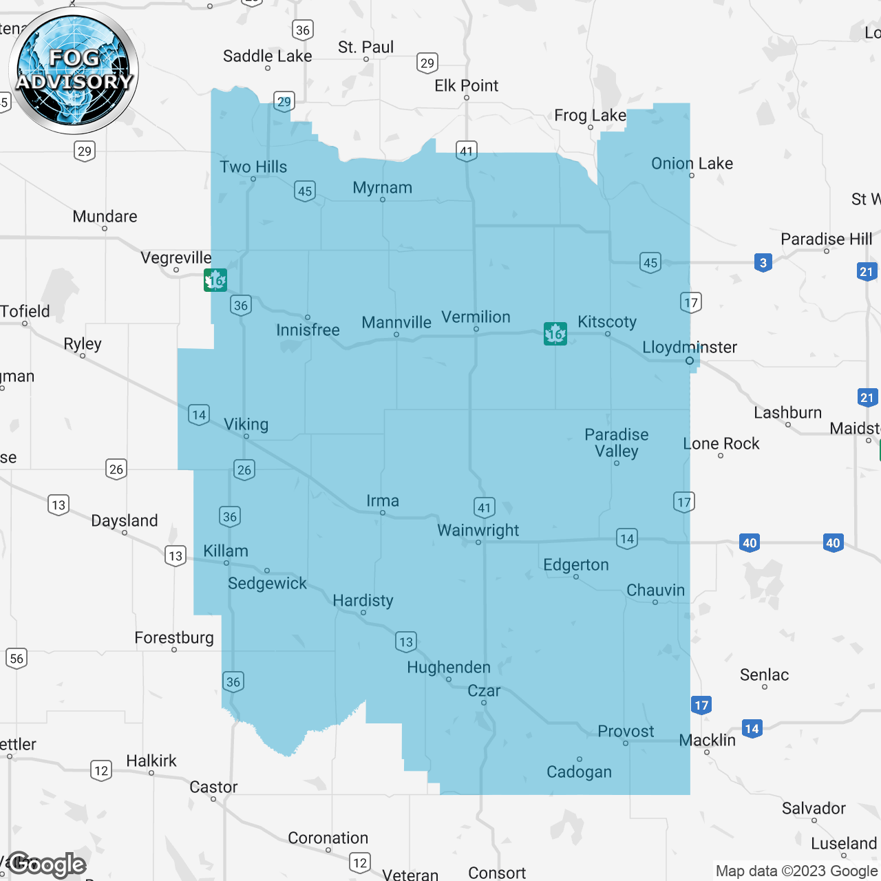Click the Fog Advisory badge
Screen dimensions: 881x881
click(x=74, y=70)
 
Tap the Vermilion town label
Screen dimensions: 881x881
click(x=476, y=317)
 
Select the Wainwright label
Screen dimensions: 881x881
click(x=478, y=531)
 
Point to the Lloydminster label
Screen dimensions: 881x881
click(x=689, y=348)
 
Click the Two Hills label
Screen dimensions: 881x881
click(x=253, y=167)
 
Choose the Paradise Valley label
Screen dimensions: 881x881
click(x=617, y=443)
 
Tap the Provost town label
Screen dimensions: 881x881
click(x=626, y=732)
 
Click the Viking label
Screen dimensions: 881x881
click(x=246, y=425)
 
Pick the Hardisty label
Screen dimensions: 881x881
click(x=363, y=601)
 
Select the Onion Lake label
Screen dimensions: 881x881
click(x=692, y=164)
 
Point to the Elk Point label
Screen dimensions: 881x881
click(x=466, y=86)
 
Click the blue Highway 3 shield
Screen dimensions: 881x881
click(x=763, y=263)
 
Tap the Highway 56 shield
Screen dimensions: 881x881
click(x=17, y=659)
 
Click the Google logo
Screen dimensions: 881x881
click(x=47, y=864)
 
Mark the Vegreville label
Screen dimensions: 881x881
click(x=176, y=258)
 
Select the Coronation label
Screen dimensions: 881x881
click(x=328, y=838)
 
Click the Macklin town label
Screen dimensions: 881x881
click(x=707, y=741)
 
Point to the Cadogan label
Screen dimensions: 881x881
click(x=579, y=772)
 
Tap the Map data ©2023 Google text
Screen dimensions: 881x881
click(x=796, y=871)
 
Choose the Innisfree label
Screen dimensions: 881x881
click(x=308, y=330)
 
